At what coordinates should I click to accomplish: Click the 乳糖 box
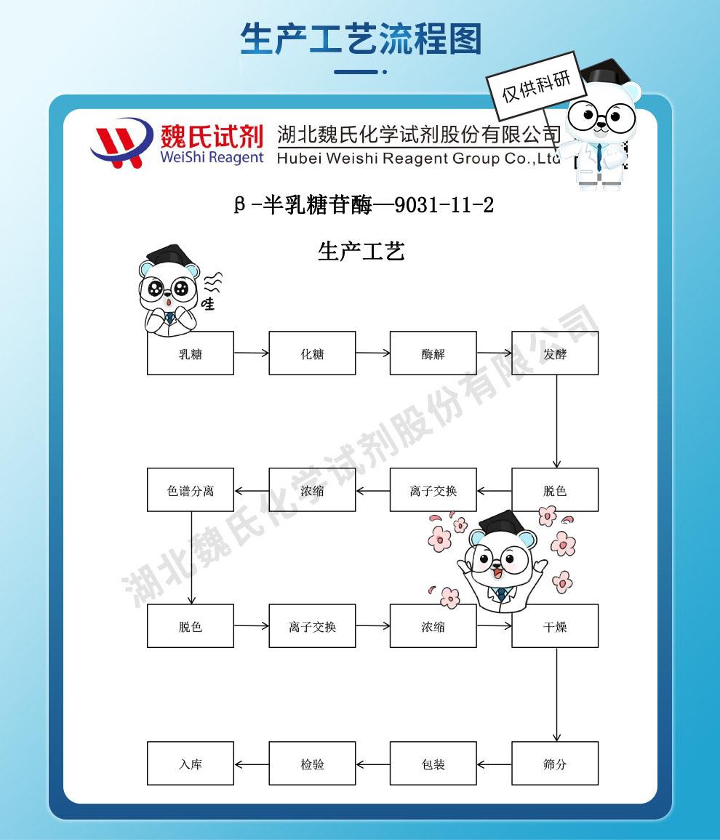(191, 353)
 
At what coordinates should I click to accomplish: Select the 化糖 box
(312, 353)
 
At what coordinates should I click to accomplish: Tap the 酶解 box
(433, 353)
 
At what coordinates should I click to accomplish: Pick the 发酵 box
(555, 353)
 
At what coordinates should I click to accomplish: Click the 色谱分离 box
(191, 490)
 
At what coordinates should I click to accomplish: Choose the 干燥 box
(555, 626)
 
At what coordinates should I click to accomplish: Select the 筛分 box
(555, 764)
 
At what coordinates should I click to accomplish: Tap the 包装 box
(433, 764)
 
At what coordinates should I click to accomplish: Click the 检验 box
(312, 764)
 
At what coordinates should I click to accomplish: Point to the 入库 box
(191, 764)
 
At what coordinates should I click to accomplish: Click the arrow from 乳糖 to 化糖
(251, 353)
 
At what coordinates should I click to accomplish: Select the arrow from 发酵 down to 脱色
(557, 422)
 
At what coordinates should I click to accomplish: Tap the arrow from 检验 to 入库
(252, 764)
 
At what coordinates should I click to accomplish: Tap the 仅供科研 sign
(537, 86)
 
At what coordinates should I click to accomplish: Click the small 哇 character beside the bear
(209, 303)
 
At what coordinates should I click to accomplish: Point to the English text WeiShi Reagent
(210, 158)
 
